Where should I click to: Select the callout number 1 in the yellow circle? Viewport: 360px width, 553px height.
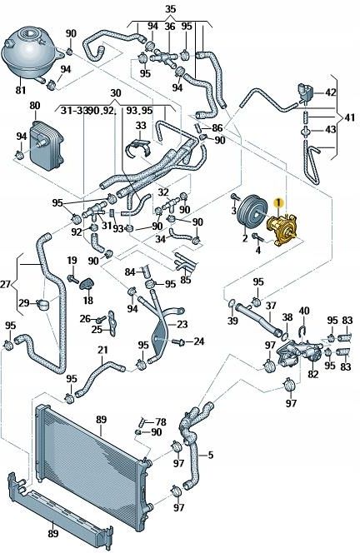tap(281, 201)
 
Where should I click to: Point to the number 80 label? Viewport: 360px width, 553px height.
tap(34, 106)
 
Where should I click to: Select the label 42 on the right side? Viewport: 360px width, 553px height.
tap(331, 92)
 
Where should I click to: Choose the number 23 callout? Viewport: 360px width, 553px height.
tap(182, 325)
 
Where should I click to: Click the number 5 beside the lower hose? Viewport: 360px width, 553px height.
tap(211, 455)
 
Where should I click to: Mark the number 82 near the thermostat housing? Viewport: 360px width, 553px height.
tap(313, 375)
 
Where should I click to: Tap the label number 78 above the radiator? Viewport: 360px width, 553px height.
tap(160, 422)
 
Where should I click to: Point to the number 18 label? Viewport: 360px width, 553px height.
tap(87, 300)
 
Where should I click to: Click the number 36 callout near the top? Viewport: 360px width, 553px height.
tap(170, 27)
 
